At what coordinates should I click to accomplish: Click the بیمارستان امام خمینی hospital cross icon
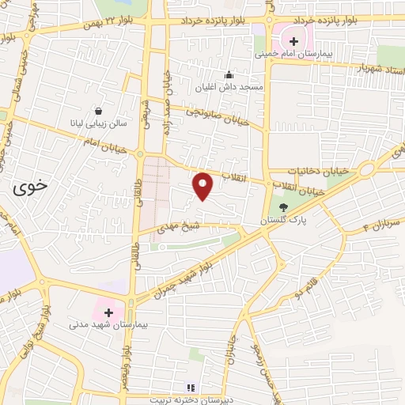(293, 40)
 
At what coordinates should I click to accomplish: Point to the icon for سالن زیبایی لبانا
(98, 112)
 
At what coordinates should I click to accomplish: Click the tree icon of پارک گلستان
(284, 208)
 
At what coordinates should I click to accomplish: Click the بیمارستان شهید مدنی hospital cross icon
(108, 312)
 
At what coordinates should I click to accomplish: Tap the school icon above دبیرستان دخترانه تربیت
(189, 388)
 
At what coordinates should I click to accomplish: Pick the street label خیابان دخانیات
(306, 169)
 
